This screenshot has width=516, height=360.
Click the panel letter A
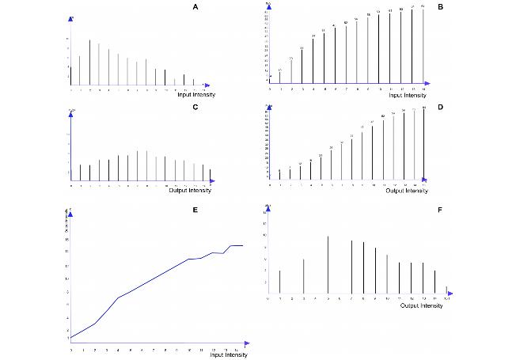tap(195, 7)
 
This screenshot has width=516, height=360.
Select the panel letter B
tap(451, 7)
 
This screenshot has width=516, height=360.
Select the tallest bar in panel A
tap(89, 62)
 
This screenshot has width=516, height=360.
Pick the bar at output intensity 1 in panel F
tap(279, 280)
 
